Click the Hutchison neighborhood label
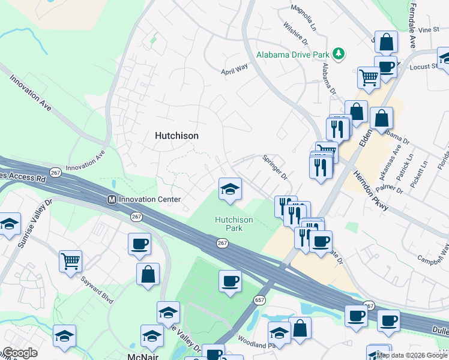point(176,136)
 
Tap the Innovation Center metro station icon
point(110,199)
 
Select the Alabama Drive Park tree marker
point(339,54)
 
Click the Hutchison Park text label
point(234,224)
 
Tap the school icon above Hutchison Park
point(230,190)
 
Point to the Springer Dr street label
point(276,168)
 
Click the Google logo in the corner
point(19,353)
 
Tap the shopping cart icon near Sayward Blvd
point(70,261)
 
